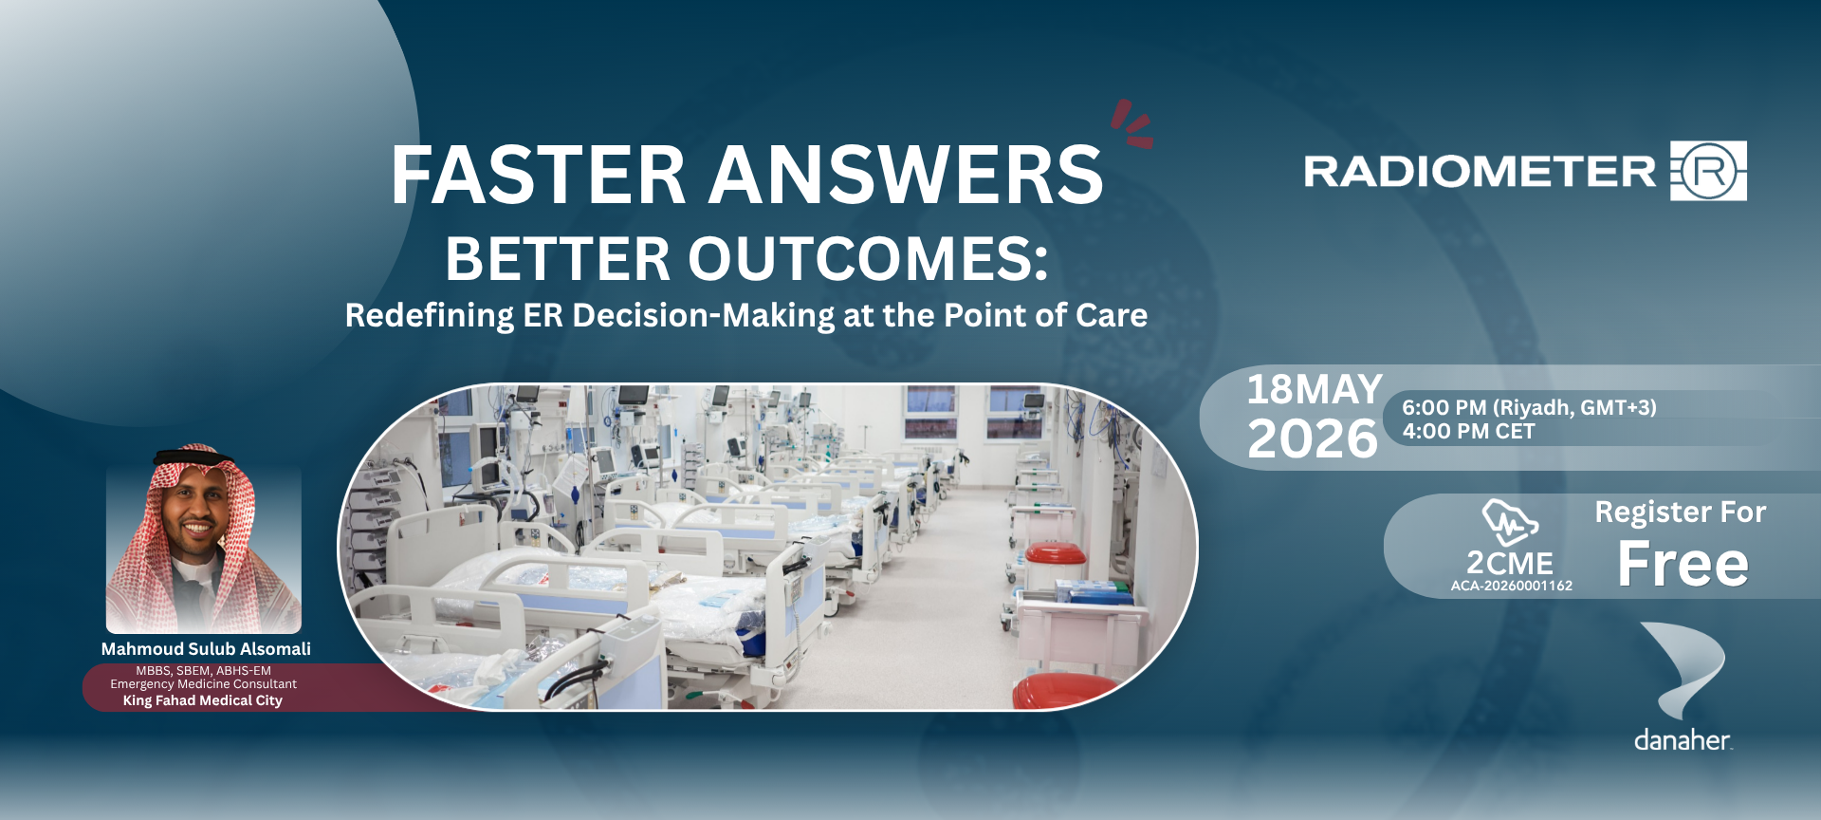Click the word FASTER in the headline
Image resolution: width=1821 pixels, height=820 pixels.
coord(538,175)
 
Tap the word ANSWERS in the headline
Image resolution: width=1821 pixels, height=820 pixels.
coord(908,175)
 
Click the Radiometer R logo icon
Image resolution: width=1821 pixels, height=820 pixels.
coord(1708,171)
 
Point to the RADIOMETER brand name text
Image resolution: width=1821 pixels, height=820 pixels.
coord(1480,172)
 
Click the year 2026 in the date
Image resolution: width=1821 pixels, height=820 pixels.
coord(1313,438)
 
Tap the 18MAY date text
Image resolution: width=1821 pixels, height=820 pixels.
coord(1315,389)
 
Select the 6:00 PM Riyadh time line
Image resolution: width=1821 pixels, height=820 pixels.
coord(1529,407)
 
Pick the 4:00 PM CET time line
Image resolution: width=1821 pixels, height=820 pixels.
coord(1468,432)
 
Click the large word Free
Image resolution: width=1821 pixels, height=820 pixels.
coord(1683,564)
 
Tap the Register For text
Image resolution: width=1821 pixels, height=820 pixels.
coord(1681,512)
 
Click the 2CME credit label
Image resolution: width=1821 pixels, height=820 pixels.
coord(1510,563)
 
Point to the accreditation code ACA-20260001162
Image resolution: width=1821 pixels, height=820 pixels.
coord(1512,586)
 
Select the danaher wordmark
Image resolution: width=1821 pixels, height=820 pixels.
coord(1683,740)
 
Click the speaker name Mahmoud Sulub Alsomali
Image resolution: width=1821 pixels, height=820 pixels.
coord(206,649)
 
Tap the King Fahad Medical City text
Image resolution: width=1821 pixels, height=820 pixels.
coord(203,700)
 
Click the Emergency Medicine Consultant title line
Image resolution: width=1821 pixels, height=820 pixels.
coord(203,683)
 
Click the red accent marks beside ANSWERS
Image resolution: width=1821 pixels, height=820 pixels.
coord(1132,124)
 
